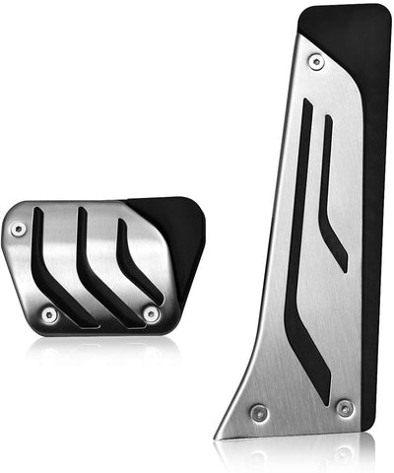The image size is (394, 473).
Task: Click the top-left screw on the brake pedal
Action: tap(18, 229)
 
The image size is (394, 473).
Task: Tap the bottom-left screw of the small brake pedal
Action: tap(49, 314)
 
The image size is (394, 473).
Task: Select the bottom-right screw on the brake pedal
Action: tap(151, 314)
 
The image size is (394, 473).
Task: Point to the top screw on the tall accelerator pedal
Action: tap(316, 62)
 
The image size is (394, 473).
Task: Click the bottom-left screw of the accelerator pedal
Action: tap(258, 412)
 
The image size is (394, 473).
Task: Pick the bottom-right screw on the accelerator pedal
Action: tap(344, 407)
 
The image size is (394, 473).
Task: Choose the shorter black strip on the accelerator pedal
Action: tap(332, 197)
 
